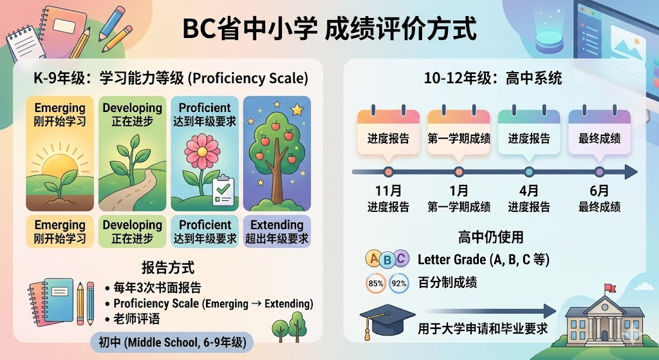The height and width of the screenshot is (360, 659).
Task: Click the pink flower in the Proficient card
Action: tap(202, 151)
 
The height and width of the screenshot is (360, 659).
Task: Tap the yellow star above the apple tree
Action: tap(297, 109)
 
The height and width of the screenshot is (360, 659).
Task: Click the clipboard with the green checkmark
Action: tap(223, 191)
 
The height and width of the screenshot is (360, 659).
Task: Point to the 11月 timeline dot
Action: tap(388, 171)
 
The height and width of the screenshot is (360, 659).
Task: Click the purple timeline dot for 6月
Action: tap(599, 171)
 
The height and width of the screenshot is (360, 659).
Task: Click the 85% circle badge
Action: tap(375, 283)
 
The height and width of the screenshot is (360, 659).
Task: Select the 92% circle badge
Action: tap(399, 283)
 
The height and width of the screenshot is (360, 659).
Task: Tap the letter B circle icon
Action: tap(387, 261)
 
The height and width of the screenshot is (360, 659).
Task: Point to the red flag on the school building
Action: tap(610, 288)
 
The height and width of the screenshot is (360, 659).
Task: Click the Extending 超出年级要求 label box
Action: tap(277, 231)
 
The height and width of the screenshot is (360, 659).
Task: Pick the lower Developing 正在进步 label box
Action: tap(132, 231)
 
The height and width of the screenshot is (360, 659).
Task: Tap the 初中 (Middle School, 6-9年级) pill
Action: tap(172, 342)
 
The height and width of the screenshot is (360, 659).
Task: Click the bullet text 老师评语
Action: tap(136, 319)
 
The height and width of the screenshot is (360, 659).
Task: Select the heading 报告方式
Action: tap(168, 267)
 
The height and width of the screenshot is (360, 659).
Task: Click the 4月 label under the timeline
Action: tap(529, 191)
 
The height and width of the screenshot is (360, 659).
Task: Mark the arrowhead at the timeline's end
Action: tap(631, 171)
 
